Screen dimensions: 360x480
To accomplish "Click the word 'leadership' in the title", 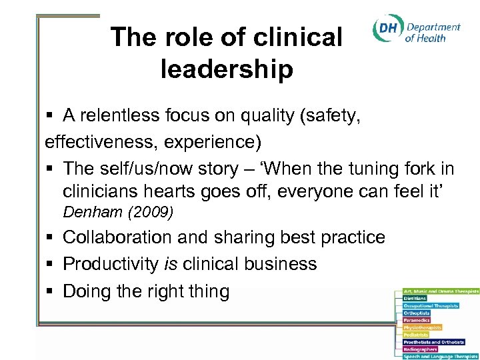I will tap(227, 69).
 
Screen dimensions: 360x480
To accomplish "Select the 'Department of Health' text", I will tap(433, 33).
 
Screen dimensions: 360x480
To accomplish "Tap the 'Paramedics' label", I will tap(417, 320).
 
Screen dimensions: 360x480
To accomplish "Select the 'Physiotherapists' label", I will tap(423, 327).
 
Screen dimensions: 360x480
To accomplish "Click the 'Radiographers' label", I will tap(420, 349).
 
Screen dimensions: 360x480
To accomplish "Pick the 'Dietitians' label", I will tap(416, 298).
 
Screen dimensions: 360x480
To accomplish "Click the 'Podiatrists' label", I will tap(417, 335).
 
